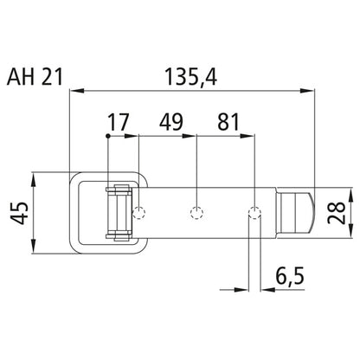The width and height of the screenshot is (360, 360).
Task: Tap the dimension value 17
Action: (119, 122)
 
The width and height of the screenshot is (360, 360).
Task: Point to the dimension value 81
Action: (228, 122)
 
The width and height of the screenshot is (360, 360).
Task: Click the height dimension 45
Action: (20, 212)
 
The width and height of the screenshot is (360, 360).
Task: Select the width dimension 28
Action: (340, 212)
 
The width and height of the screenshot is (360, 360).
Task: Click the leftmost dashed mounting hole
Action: (140, 212)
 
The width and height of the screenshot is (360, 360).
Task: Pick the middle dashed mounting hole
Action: (197, 212)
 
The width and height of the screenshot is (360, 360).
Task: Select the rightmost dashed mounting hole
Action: (254, 212)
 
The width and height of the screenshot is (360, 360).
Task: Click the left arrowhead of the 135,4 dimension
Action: (74, 87)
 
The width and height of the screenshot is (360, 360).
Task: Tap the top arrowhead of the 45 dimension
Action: (32, 178)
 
